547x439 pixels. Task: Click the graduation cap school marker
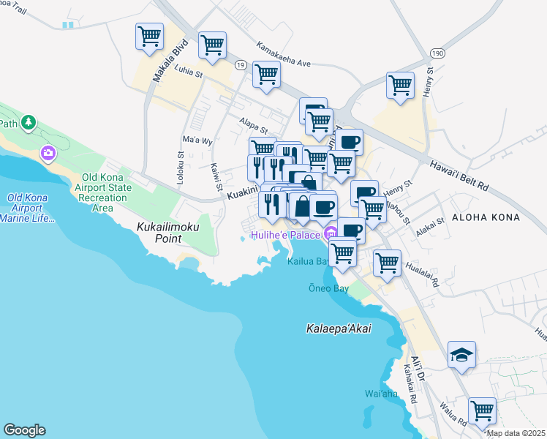point(461,355)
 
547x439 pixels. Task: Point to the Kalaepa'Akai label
point(339,329)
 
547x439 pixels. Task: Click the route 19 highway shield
point(239,65)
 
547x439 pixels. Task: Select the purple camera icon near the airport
point(49,153)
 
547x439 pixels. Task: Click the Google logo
point(24,430)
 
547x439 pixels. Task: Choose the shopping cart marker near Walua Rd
point(482,410)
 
